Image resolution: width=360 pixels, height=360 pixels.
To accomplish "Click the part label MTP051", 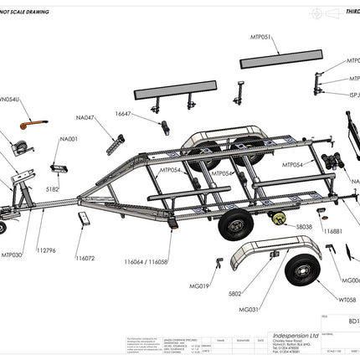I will pos(261,39).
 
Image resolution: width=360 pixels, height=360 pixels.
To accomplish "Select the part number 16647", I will pos(123,113).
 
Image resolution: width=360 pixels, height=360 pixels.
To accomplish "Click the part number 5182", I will pos(52,190).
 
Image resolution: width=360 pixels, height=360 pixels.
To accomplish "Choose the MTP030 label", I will pos(12,254).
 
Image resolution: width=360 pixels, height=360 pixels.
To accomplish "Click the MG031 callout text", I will pos(248,309).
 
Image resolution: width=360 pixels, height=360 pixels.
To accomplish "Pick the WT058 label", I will pos(347,299).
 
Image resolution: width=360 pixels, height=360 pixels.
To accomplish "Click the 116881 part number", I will pos(332,231).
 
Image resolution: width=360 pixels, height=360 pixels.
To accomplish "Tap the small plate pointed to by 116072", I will pos(84,219).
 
